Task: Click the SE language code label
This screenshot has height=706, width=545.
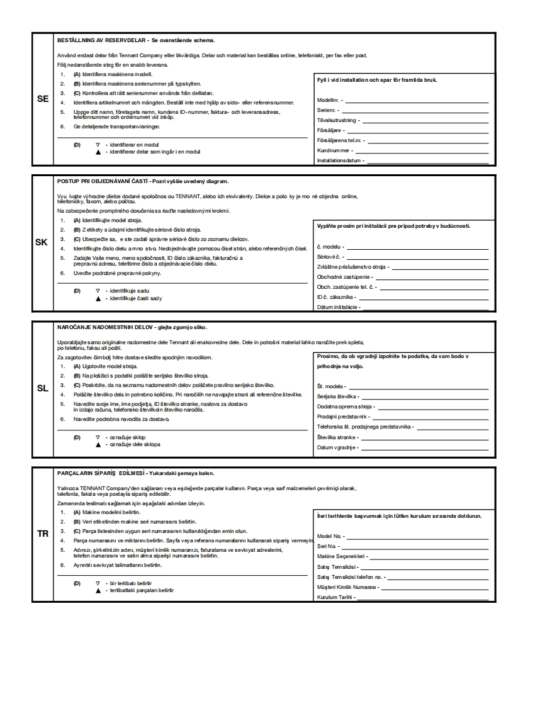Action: click(43, 99)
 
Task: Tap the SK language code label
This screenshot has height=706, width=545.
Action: click(42, 242)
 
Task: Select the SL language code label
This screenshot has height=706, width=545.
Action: click(42, 388)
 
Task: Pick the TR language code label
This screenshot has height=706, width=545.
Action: click(42, 534)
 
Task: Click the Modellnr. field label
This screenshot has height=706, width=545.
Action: click(328, 100)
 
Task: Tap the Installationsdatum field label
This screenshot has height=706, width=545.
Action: click(339, 160)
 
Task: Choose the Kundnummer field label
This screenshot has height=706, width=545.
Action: click(333, 150)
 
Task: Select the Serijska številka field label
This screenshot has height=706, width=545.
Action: click(337, 396)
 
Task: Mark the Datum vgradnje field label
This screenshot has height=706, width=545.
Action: click(336, 447)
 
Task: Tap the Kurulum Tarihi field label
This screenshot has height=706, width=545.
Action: click(335, 597)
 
